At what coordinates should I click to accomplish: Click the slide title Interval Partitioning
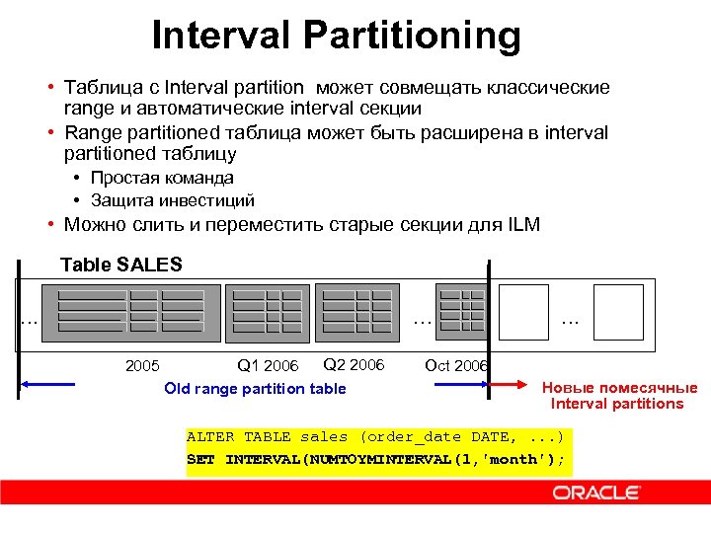[336, 37]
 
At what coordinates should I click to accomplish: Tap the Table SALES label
[121, 265]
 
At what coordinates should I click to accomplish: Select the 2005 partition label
[143, 366]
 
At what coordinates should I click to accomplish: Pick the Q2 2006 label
[354, 365]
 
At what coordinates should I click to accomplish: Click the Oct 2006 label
[455, 366]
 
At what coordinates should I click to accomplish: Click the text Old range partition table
[255, 389]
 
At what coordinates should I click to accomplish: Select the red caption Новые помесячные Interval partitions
[618, 396]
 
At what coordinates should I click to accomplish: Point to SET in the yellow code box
[200, 460]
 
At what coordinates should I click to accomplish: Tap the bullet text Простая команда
[162, 178]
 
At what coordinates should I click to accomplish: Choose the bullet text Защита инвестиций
[173, 199]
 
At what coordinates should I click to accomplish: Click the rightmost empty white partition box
[618, 312]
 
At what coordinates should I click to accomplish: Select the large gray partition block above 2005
[130, 313]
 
